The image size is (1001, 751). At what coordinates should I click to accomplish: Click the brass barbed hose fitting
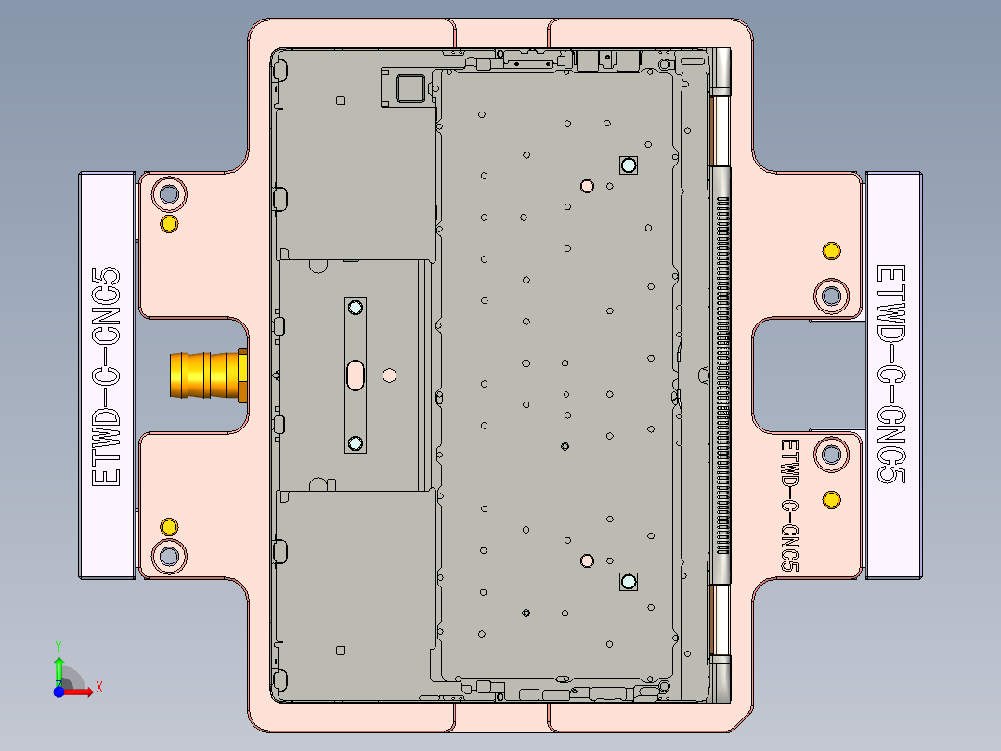[x=206, y=375]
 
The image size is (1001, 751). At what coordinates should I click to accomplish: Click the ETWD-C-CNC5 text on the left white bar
[x=108, y=375]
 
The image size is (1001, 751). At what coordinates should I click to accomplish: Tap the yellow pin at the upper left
[x=169, y=224]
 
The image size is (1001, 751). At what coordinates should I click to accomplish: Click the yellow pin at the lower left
[x=169, y=527]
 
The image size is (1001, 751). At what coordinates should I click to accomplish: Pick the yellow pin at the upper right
[x=832, y=251]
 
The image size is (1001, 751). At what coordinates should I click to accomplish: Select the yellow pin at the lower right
[x=832, y=501]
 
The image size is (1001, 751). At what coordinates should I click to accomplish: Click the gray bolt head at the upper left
[x=169, y=195]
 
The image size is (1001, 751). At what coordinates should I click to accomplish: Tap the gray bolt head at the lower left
[x=169, y=556]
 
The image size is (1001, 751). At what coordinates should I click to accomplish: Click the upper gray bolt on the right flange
[x=832, y=296]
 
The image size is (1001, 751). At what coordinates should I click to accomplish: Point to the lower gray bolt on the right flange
[x=832, y=455]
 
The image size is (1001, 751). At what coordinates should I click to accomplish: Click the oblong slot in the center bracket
[x=356, y=375]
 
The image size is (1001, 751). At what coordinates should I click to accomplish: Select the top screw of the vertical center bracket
[x=355, y=308]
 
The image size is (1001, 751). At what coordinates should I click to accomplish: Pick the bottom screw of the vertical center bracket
[x=355, y=442]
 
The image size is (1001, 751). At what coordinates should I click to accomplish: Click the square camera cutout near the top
[x=409, y=89]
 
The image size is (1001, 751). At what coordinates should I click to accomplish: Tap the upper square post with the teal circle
[x=629, y=165]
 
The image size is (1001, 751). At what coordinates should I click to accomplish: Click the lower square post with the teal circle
[x=629, y=582]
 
